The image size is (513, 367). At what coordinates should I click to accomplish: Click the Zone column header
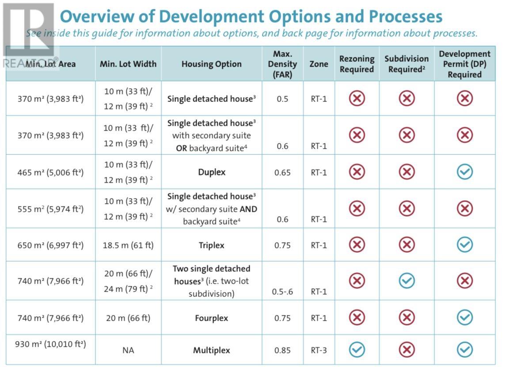319,64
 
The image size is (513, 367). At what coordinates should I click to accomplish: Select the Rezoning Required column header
357,64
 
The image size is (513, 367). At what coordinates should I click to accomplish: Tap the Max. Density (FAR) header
282,64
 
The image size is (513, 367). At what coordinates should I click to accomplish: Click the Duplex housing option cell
212,172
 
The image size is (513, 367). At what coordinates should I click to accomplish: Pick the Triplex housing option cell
212,245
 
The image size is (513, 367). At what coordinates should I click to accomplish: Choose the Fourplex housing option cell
212,318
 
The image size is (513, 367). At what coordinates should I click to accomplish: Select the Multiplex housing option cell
212,351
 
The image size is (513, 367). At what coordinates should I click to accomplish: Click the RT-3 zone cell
319,351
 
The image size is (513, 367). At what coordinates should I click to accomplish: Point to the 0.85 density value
282,351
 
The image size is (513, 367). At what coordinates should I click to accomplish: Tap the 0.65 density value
282,172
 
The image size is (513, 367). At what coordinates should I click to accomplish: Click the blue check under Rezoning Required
357,350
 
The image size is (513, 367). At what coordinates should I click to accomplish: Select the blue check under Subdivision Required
407,281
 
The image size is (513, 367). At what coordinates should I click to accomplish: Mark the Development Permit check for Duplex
464,172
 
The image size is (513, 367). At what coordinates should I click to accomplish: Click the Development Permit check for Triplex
464,245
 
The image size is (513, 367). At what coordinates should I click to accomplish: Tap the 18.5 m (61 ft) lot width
128,245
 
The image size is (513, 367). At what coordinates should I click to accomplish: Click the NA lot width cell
128,351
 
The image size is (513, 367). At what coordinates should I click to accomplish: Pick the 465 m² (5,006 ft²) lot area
50,172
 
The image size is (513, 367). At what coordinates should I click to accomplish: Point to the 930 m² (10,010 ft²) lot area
50,344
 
